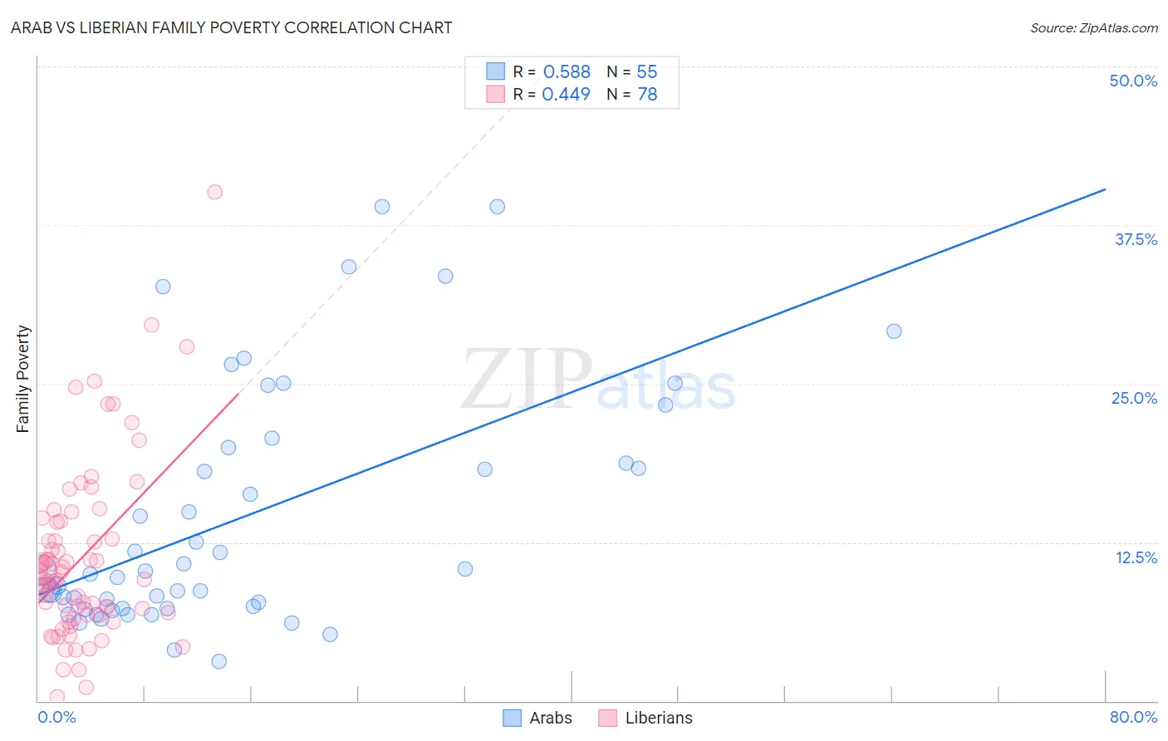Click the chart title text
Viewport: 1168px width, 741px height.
(x=231, y=27)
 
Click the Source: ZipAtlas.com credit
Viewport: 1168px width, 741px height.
(x=1093, y=27)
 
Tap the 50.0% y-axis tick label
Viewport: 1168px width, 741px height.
(x=1132, y=81)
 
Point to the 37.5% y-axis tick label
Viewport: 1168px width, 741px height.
(x=1136, y=239)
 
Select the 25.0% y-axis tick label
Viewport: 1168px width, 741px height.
(x=1134, y=398)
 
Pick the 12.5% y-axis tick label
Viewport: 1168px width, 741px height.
(x=1136, y=557)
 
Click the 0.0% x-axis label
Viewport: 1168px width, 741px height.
(x=56, y=717)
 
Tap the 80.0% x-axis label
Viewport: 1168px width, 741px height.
(x=1133, y=717)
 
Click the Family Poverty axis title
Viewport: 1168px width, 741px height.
(x=23, y=379)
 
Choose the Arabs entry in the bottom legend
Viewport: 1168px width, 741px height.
(x=550, y=718)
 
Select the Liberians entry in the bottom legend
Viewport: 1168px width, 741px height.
(x=658, y=718)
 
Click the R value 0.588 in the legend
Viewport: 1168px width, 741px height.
(x=567, y=72)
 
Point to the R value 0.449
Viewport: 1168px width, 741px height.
(x=566, y=95)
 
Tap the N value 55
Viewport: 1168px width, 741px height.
(x=646, y=72)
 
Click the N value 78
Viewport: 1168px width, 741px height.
(x=647, y=95)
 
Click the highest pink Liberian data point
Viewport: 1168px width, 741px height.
(x=214, y=192)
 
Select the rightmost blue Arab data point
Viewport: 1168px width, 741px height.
(x=894, y=331)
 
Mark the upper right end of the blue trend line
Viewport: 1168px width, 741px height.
(x=1105, y=189)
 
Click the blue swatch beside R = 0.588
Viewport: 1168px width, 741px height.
(x=495, y=71)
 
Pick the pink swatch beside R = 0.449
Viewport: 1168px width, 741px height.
(x=495, y=94)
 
